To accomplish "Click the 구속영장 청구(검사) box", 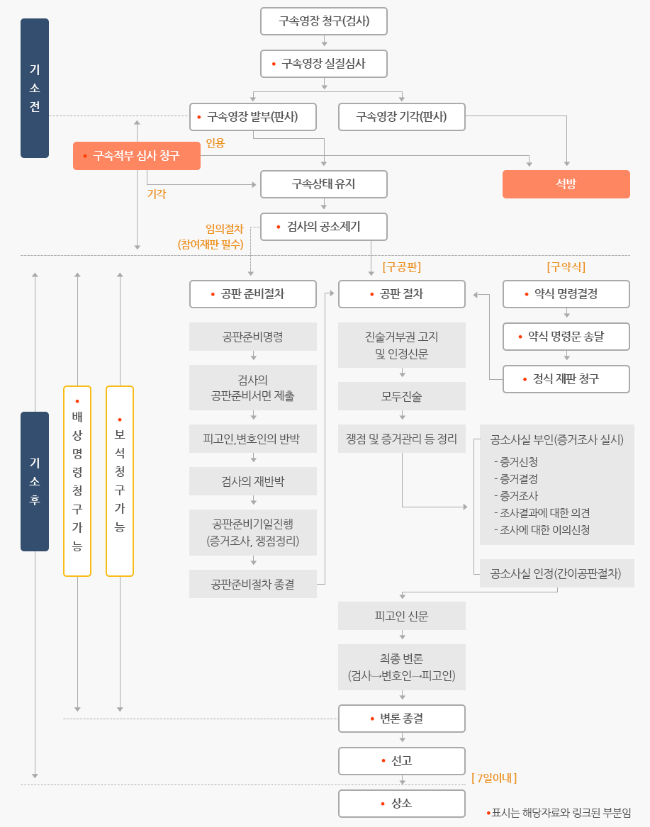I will (x=324, y=21).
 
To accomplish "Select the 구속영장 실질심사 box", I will (x=324, y=64).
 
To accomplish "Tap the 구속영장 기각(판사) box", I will (x=402, y=117).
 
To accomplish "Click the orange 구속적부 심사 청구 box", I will (x=137, y=156).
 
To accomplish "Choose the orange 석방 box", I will (x=566, y=184).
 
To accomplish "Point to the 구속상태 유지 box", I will (x=324, y=184).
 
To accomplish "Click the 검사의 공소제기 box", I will (x=324, y=227).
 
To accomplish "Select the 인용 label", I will (x=215, y=143).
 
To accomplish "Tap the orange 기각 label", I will (x=157, y=193).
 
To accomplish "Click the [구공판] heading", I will (x=402, y=267).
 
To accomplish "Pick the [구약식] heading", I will (x=566, y=267).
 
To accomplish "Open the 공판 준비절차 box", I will (x=253, y=294).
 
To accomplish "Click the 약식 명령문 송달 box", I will (x=566, y=337).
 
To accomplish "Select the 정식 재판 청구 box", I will (x=566, y=379).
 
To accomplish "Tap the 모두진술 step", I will (x=402, y=396).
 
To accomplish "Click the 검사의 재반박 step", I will (x=253, y=481).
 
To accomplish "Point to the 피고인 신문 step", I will (x=402, y=616).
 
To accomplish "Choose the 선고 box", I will (x=402, y=761).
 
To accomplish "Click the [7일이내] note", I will (x=494, y=778).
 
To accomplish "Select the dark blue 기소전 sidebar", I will (x=35, y=88).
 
